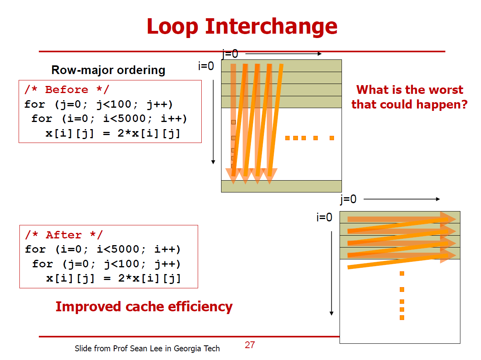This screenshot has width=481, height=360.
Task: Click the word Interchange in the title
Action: [271, 26]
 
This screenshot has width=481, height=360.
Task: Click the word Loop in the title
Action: [172, 26]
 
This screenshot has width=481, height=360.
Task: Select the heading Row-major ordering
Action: [108, 70]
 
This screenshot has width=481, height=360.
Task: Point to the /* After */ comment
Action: [64, 235]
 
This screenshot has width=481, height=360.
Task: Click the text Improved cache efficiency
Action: [144, 307]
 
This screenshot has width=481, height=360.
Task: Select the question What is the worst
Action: [409, 90]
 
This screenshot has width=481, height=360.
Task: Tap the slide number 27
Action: [250, 345]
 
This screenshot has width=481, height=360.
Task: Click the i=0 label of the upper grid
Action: [206, 66]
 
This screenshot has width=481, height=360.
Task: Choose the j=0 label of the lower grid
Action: [348, 199]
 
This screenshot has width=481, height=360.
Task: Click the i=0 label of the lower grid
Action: [324, 217]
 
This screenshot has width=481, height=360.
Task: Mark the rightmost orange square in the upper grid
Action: [332, 138]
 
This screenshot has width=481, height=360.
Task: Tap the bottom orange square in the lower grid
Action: [402, 318]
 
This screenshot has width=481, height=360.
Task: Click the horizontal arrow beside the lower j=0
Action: [401, 199]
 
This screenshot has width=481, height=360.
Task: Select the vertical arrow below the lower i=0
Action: [332, 273]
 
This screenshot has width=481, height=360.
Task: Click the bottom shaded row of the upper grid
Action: [281, 186]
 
